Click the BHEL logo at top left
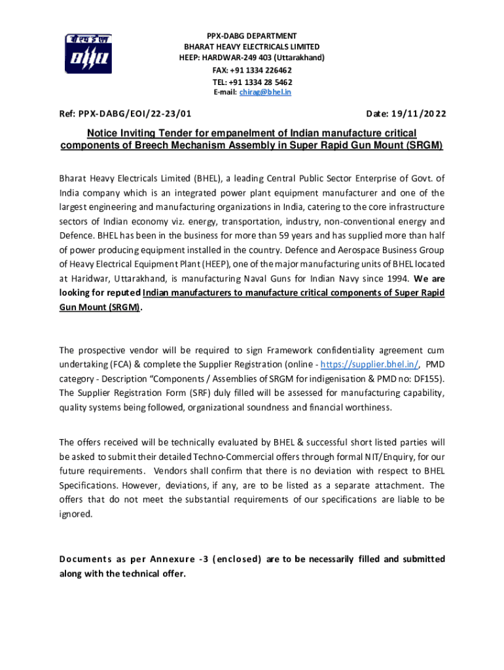tap(88, 53)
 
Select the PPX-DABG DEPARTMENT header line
tap(252, 35)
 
